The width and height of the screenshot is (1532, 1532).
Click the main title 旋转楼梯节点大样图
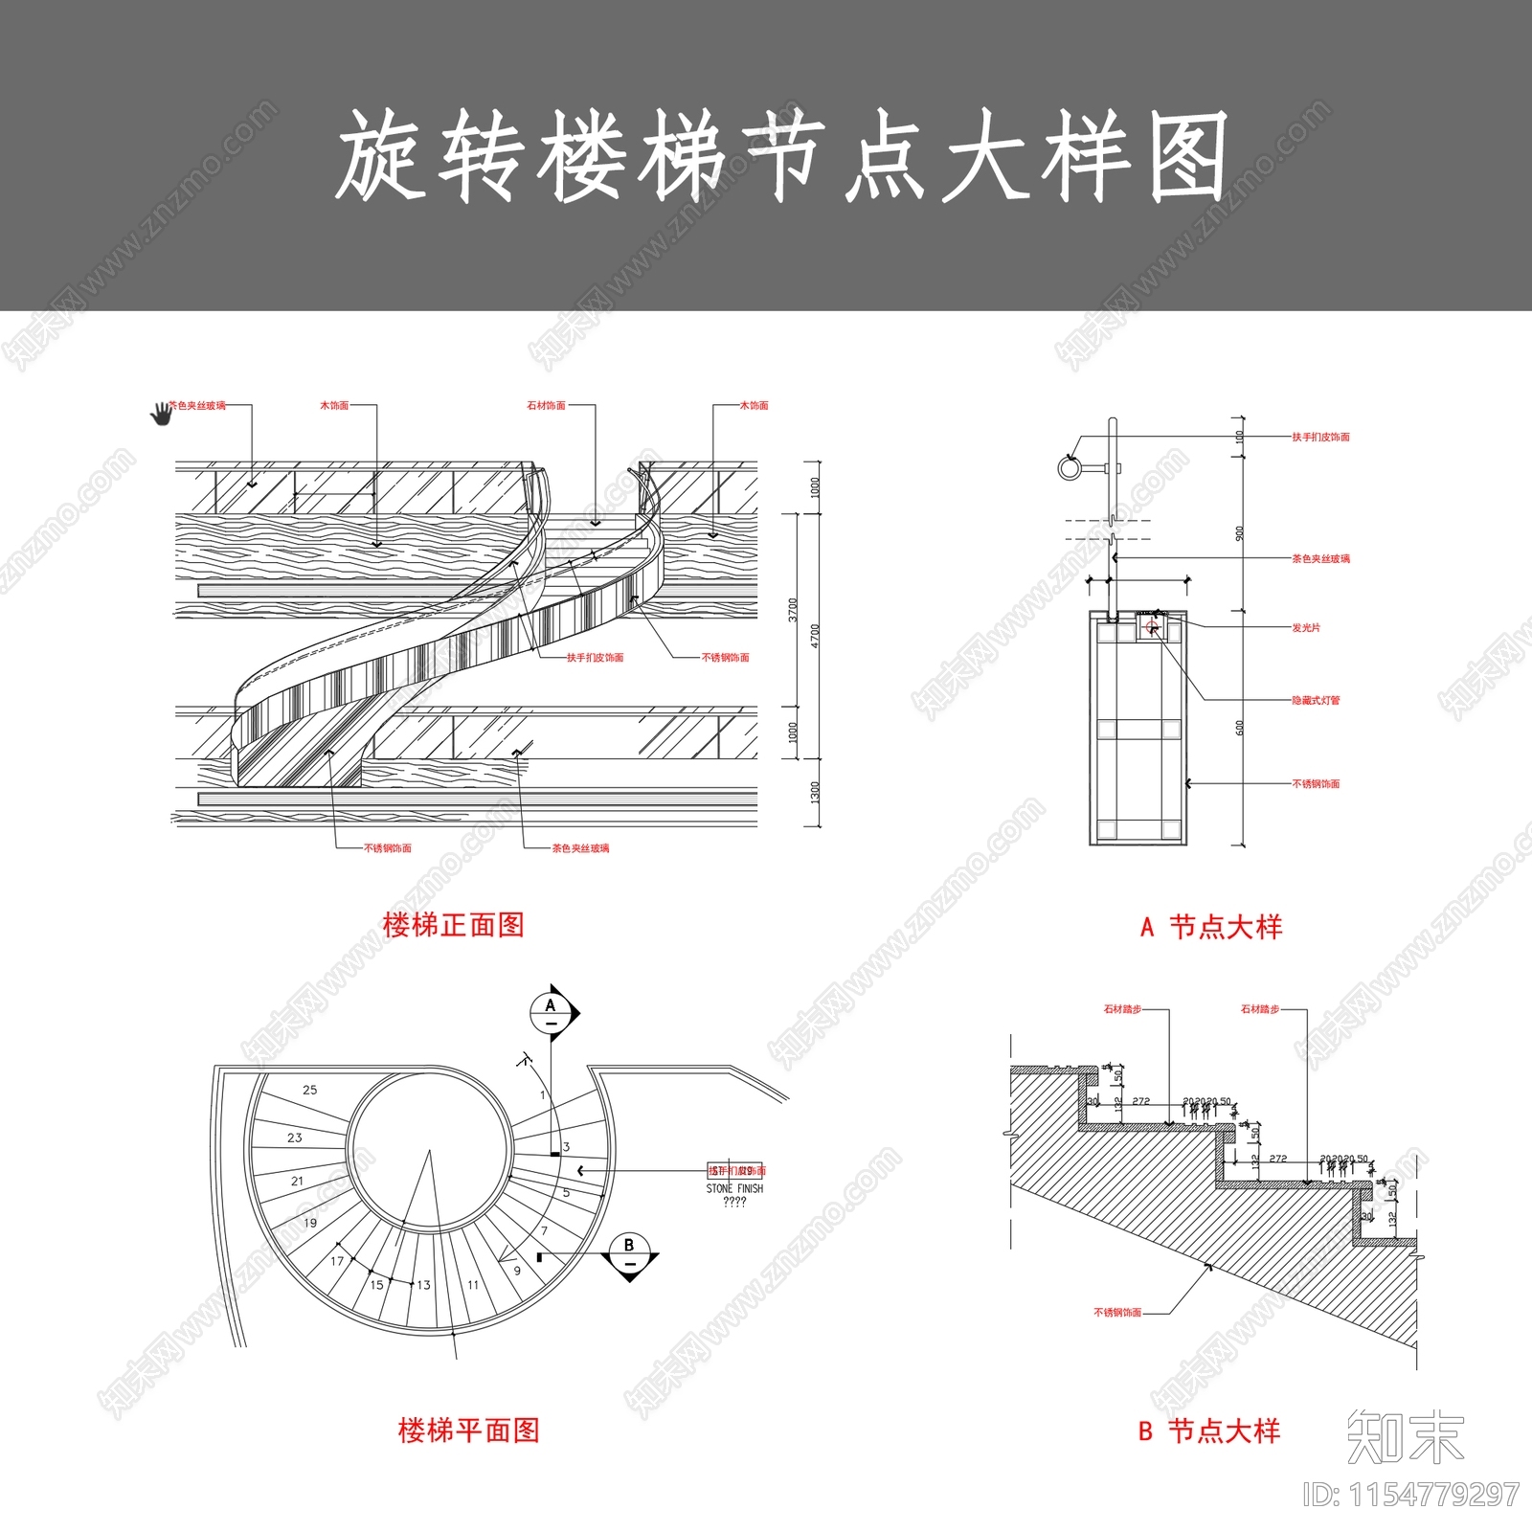click(780, 156)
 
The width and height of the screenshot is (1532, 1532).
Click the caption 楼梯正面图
click(453, 925)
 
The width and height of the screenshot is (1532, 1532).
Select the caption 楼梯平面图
click(468, 1431)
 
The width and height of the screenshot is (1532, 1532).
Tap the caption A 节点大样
click(1210, 927)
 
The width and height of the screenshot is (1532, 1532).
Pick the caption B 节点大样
click(1208, 1431)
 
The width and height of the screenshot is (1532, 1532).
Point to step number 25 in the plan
click(309, 1090)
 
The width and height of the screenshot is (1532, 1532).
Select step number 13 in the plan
click(423, 1285)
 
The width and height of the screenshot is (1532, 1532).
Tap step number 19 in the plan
click(309, 1223)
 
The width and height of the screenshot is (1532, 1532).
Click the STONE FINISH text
click(734, 1188)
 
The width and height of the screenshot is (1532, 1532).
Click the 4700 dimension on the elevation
click(815, 636)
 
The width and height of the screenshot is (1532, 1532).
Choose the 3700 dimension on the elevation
click(792, 610)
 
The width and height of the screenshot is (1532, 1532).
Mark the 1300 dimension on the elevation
click(815, 792)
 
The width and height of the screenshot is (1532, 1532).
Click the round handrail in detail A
click(1069, 468)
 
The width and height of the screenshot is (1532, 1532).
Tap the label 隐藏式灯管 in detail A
click(1316, 700)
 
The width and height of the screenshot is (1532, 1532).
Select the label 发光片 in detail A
click(1305, 628)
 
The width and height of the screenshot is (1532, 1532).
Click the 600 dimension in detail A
click(1239, 728)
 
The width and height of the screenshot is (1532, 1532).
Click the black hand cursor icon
click(161, 414)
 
